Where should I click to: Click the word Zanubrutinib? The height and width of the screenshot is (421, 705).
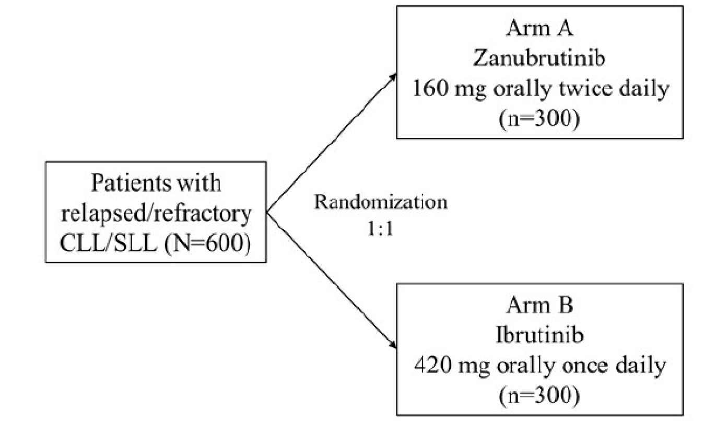point(539,59)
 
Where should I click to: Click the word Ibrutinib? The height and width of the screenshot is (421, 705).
point(539,335)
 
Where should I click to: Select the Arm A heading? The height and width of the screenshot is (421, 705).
point(539,29)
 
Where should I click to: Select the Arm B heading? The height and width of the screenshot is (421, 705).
point(539,306)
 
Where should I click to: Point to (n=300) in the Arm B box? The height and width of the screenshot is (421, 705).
point(539,395)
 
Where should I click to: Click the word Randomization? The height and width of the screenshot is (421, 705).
point(380,202)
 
